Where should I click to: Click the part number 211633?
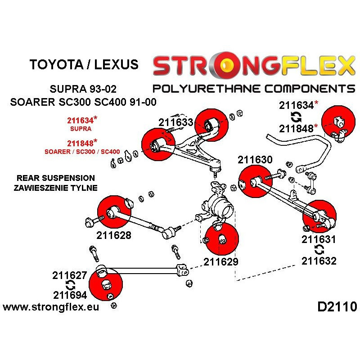tap(175, 122)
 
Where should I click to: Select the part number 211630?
tap(255, 160)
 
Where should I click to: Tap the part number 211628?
tap(114, 234)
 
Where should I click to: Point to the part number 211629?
tap(221, 261)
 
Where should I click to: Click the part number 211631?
tap(319, 239)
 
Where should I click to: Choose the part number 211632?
tap(319, 261)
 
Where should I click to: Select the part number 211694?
tap(70, 296)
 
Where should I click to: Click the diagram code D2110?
tap(337, 307)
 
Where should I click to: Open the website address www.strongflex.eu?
tap(51, 307)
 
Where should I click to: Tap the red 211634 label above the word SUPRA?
tap(81, 120)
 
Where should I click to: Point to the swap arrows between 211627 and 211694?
tap(70, 285)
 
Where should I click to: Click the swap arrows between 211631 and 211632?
tap(319, 250)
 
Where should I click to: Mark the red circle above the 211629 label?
tap(221, 238)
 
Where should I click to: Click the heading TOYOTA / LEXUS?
tap(84, 64)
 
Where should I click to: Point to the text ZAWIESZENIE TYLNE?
tap(55, 187)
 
